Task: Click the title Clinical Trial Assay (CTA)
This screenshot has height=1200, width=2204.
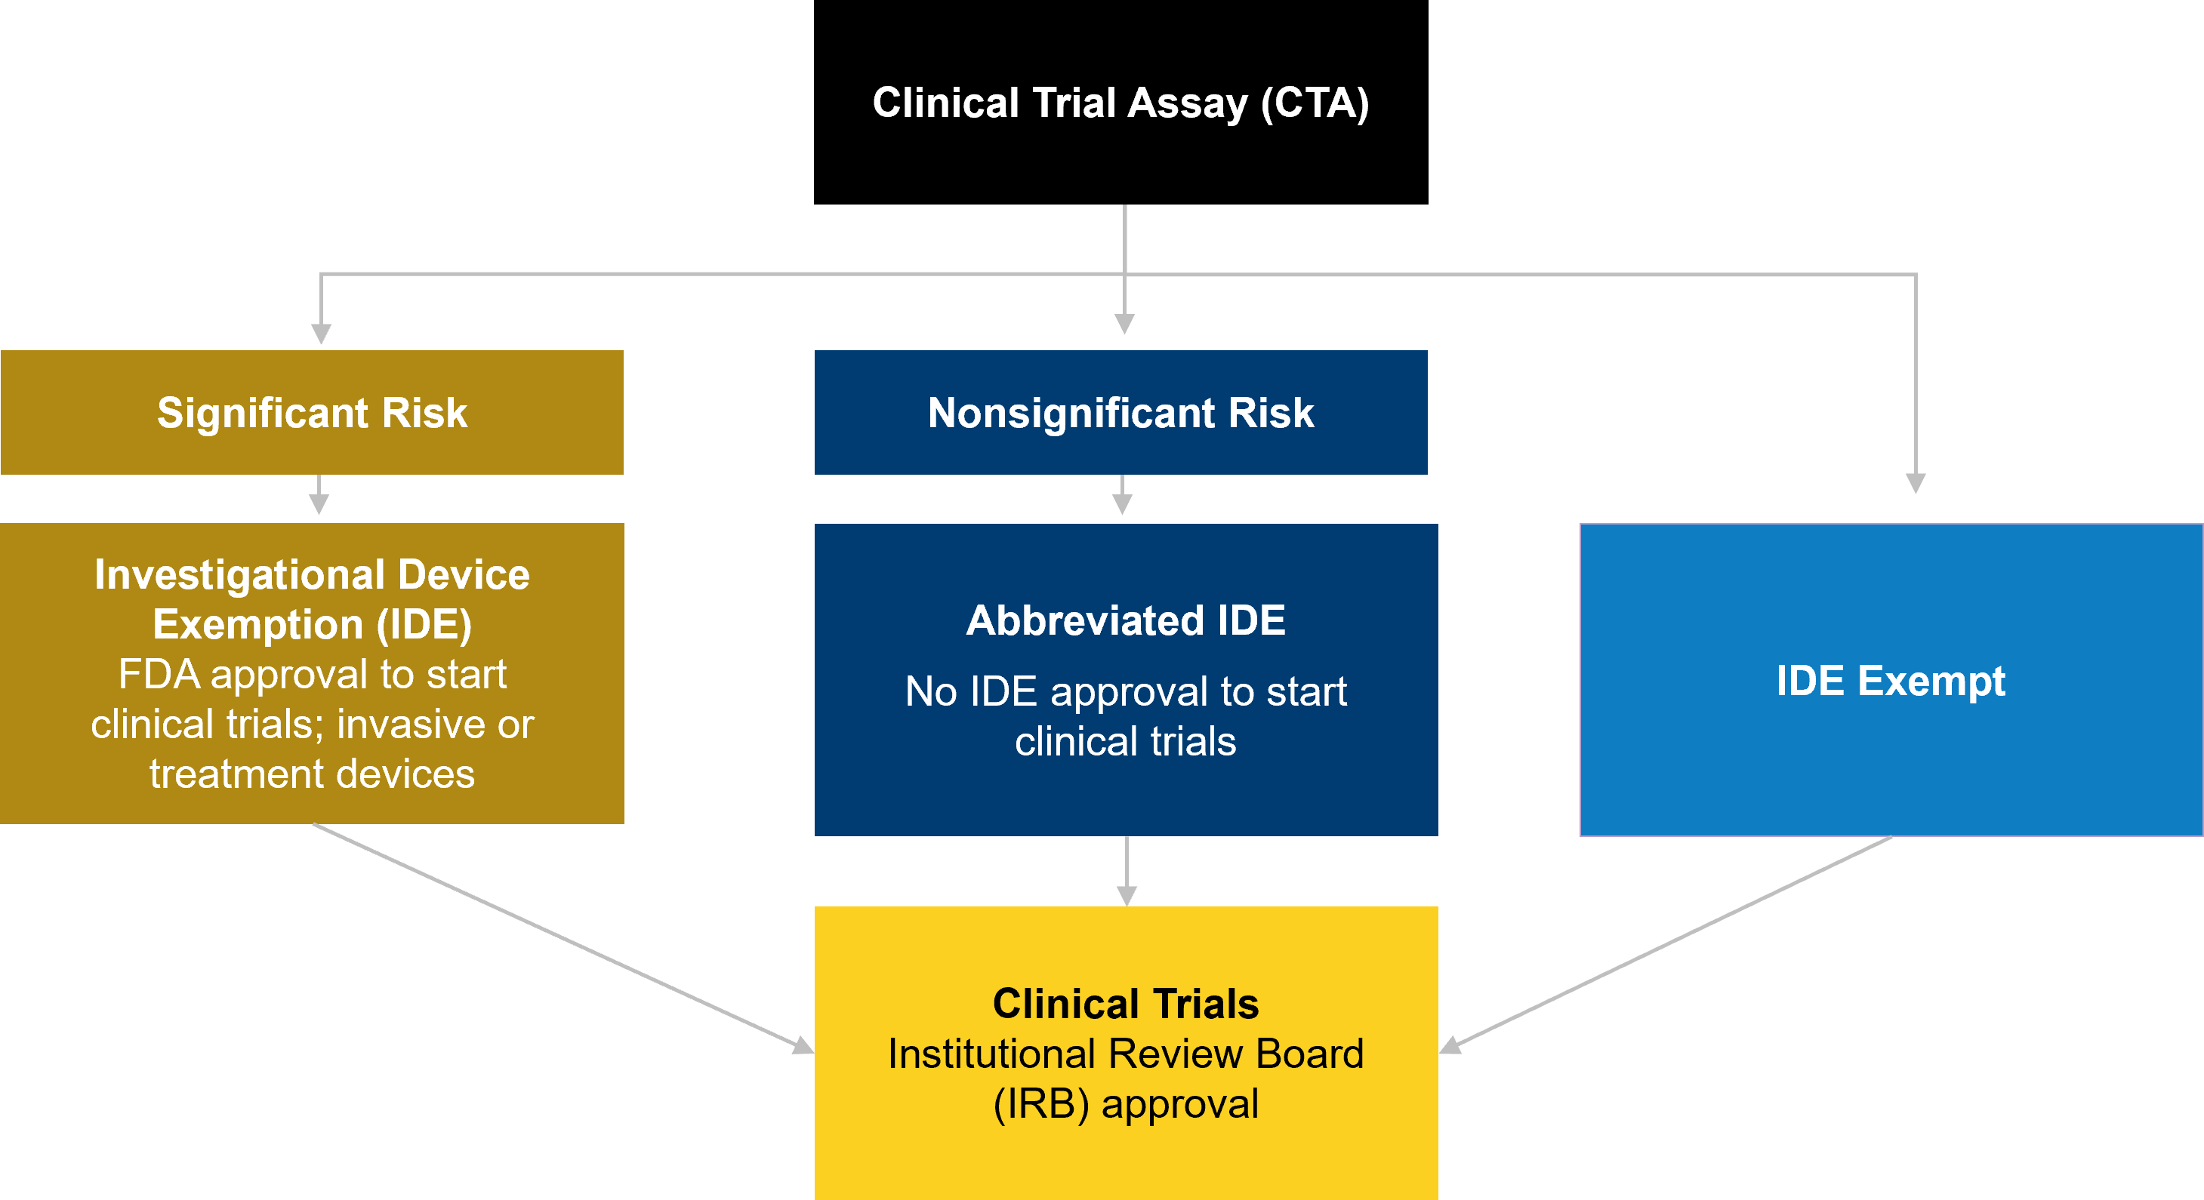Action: point(1120,103)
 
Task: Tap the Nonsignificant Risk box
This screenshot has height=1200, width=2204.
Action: point(1120,412)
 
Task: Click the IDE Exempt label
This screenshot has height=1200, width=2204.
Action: point(1890,681)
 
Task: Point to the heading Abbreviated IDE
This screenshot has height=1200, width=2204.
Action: point(1125,620)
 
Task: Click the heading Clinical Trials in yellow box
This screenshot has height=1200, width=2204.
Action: point(1125,1003)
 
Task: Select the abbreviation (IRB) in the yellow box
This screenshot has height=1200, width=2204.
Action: point(1040,1103)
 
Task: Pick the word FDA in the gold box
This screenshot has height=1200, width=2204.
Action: point(159,674)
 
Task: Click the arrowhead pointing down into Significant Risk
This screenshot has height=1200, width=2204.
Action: point(321,334)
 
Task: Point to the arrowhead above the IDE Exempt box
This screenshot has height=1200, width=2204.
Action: point(1916,483)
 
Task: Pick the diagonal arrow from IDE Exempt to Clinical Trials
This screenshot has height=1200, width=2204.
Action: point(1669,941)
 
